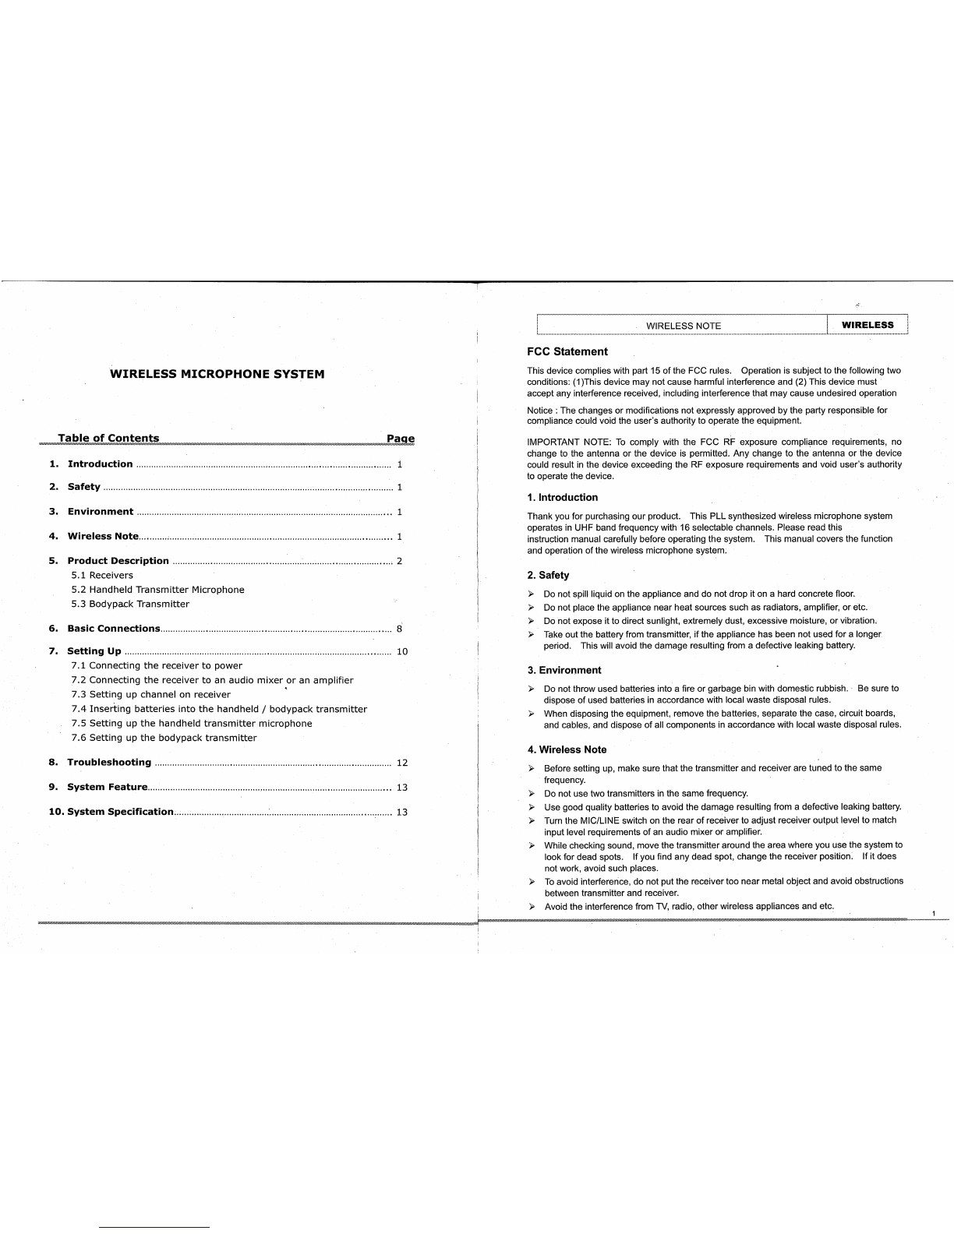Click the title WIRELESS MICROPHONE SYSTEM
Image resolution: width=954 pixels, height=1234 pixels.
click(217, 374)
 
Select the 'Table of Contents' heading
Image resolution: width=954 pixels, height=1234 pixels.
click(108, 439)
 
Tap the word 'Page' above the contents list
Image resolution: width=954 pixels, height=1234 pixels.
click(401, 439)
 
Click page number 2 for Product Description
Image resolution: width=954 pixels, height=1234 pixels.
click(399, 561)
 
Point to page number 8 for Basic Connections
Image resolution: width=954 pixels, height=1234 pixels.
click(399, 629)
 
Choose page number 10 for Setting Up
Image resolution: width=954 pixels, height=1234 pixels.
click(402, 651)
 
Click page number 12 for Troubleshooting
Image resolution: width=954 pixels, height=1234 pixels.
click(402, 763)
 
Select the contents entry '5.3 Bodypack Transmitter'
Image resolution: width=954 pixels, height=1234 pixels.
click(130, 604)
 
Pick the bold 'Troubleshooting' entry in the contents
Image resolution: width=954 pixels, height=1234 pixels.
click(109, 763)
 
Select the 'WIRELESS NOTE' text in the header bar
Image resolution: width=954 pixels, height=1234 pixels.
click(684, 326)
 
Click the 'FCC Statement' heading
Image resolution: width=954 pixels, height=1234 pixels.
click(567, 352)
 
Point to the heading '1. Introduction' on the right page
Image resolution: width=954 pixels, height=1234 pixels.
click(563, 498)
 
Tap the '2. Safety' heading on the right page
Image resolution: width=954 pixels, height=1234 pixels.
click(549, 576)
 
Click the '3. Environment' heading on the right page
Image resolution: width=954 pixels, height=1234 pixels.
click(564, 671)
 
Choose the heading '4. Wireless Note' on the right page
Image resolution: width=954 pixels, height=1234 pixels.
click(567, 750)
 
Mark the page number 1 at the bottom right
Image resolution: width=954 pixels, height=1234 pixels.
click(933, 912)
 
